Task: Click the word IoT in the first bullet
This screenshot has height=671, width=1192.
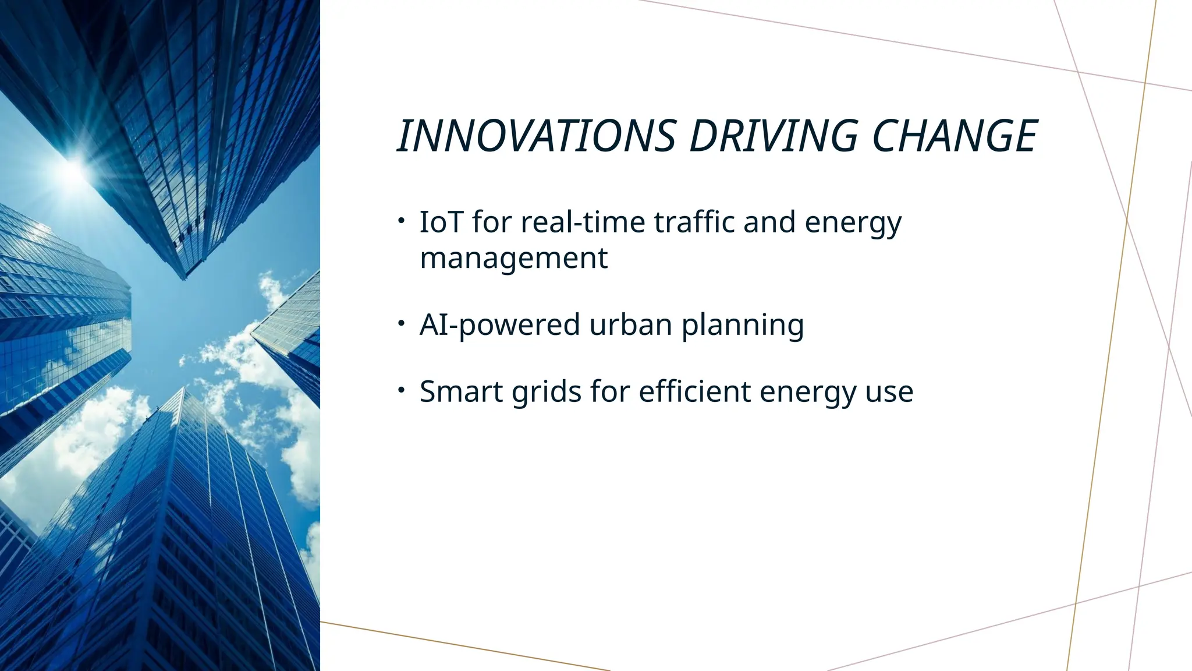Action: point(441,222)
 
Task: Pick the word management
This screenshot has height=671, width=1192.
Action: point(513,258)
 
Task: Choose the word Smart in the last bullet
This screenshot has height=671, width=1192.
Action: point(461,391)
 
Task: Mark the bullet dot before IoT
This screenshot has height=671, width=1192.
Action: point(402,221)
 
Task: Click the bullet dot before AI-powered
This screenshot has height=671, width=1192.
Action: point(402,323)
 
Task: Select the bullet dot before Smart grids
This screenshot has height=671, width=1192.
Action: point(402,390)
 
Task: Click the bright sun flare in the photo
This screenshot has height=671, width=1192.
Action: point(73,169)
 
